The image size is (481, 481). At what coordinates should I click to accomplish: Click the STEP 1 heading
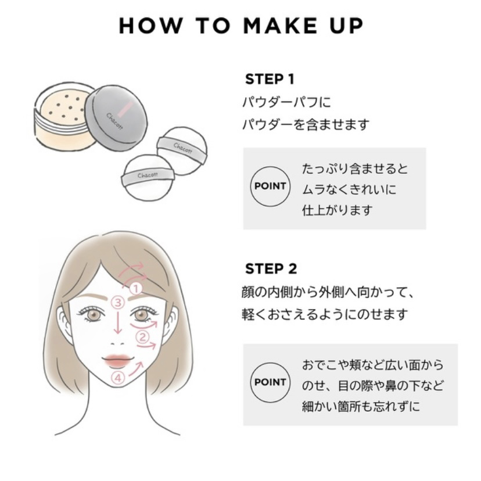[x=270, y=79]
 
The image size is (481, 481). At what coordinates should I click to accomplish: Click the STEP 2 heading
[x=271, y=269]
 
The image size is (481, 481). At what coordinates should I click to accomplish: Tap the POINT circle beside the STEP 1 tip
[x=270, y=186]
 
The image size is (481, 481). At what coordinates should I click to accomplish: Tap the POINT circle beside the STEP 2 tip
[x=270, y=382]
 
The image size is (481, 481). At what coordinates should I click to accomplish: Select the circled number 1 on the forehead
[x=135, y=288]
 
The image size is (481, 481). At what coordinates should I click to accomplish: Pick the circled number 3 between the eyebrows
[x=117, y=303]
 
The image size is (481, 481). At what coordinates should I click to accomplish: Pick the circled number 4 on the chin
[x=118, y=378]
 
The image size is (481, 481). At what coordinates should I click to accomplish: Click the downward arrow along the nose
[x=117, y=322]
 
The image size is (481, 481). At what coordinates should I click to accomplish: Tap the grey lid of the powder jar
[x=116, y=117]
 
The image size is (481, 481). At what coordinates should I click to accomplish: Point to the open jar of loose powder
[x=63, y=117]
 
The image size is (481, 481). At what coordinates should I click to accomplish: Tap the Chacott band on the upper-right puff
[x=182, y=149]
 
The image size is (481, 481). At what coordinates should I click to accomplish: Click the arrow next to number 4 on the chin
[x=136, y=369]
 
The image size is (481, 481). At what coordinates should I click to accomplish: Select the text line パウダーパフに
[x=287, y=102]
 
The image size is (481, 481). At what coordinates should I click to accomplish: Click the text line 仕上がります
[x=337, y=210]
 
